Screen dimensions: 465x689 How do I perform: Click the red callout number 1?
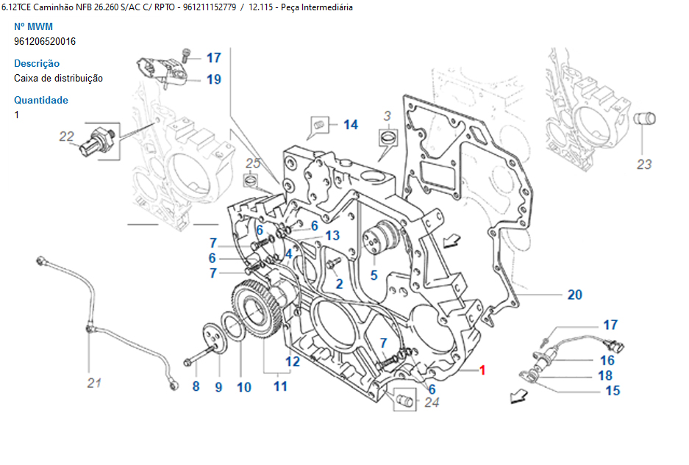(x=482, y=370)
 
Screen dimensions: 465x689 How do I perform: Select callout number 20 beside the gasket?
(x=574, y=295)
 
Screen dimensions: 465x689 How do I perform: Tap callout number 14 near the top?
(x=351, y=124)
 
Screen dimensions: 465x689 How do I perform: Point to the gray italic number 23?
(x=643, y=164)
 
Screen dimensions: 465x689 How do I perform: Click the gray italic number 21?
(x=94, y=382)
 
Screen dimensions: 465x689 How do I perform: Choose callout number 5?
(x=374, y=276)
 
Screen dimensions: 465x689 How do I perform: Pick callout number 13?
(x=332, y=236)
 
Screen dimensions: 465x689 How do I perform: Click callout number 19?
(x=213, y=79)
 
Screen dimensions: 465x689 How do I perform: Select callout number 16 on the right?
(x=607, y=360)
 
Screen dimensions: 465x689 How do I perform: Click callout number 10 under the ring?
(x=243, y=386)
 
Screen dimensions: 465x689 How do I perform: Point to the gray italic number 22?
(x=67, y=136)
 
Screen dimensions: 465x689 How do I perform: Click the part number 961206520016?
(x=45, y=41)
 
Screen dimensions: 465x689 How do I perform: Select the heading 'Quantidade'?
(x=41, y=100)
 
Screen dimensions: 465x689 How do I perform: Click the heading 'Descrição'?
(x=37, y=63)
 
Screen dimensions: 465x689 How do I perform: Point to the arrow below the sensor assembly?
(x=518, y=397)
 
